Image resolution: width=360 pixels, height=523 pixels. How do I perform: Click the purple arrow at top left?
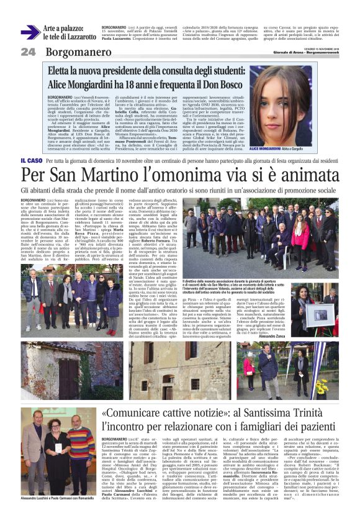30,33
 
